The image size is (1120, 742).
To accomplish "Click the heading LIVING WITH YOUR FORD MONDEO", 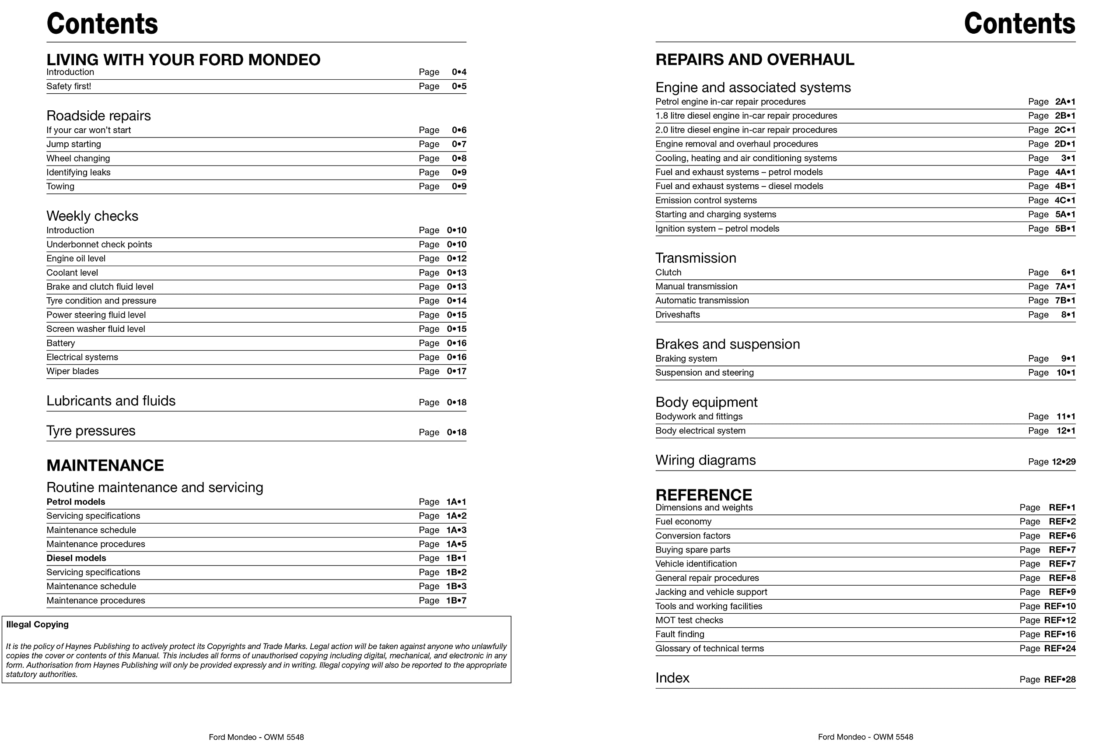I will (183, 60).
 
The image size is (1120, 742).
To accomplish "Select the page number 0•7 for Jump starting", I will (458, 144).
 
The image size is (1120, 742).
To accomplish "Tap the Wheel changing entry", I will (78, 158).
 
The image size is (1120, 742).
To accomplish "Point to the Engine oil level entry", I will (76, 258).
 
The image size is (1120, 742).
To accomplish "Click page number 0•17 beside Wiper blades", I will (456, 371).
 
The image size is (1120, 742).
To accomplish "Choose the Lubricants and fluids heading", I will (111, 401).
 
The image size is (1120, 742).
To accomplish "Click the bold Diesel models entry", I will (76, 558).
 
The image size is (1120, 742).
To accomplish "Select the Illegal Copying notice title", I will (37, 624).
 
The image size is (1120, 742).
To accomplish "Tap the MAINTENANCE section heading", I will (105, 465).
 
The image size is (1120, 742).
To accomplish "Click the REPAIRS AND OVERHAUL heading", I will (754, 60).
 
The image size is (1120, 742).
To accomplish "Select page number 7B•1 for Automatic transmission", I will (1065, 300).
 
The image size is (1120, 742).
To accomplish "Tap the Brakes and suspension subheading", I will (728, 344).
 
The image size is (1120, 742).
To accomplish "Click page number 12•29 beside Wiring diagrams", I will (1063, 461).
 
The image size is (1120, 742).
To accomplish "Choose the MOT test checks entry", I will (689, 620).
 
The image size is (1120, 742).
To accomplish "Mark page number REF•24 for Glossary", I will (1060, 648).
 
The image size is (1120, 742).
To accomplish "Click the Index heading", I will (672, 678).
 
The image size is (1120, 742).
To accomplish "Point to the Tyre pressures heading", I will (91, 431).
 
